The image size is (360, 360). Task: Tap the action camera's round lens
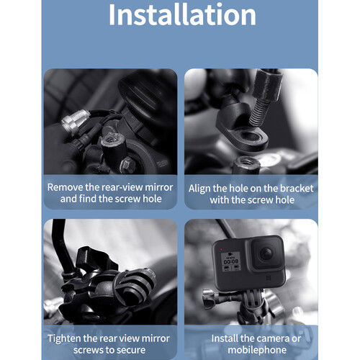tap(266, 253)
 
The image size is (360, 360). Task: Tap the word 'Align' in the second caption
tap(202, 186)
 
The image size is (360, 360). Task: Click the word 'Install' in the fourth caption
tap(226, 337)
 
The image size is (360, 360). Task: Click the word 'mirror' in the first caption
tap(156, 186)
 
